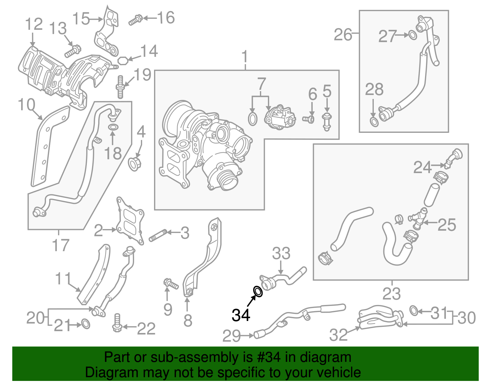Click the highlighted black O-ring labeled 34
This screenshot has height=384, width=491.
coord(258,291)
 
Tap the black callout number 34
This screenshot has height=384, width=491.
coord(241,315)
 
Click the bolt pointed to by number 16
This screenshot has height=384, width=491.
coord(135,20)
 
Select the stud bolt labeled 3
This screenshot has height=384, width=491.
coord(158,235)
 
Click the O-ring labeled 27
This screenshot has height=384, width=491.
coord(413,35)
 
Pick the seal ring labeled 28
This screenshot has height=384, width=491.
coord(374,121)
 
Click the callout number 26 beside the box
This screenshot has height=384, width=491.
coord(343,34)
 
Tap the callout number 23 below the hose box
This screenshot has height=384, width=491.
coord(392,294)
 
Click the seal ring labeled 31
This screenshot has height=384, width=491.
coord(414,311)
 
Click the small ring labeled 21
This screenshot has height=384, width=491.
coord(86,324)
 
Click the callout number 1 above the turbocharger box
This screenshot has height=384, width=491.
coord(245,57)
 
